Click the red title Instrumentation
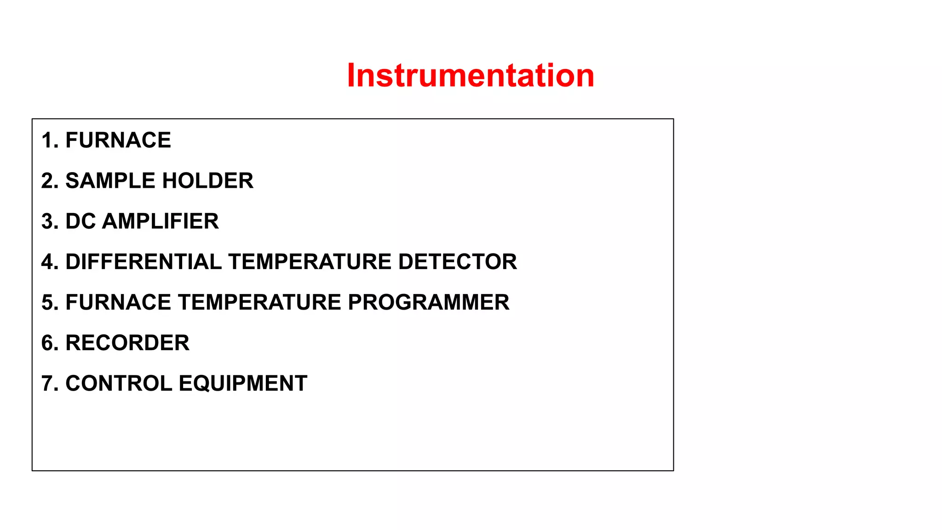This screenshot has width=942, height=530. pyautogui.click(x=471, y=75)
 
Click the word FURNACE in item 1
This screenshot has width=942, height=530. pyautogui.click(x=118, y=140)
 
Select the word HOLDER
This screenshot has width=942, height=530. pyautogui.click(x=207, y=181)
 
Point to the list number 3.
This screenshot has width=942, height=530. pyautogui.click(x=47, y=221)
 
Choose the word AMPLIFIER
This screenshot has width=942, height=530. pyautogui.click(x=161, y=221)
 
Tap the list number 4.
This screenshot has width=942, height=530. pyautogui.click(x=47, y=262)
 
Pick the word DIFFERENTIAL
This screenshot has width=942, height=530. pyautogui.click(x=144, y=262)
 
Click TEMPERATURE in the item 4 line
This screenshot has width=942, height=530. pyautogui.click(x=310, y=262)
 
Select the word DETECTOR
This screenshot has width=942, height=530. pyautogui.click(x=458, y=262)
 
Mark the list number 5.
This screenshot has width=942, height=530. pyautogui.click(x=47, y=302)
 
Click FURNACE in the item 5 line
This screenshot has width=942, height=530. pyautogui.click(x=118, y=302)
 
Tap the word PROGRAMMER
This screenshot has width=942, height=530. pyautogui.click(x=428, y=302)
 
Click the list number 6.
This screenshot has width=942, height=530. pyautogui.click(x=47, y=343)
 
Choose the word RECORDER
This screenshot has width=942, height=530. pyautogui.click(x=127, y=343)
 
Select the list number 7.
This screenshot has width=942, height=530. pyautogui.click(x=47, y=383)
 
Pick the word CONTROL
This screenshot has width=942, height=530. pyautogui.click(x=119, y=383)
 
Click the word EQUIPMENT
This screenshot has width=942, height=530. pyautogui.click(x=243, y=383)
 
